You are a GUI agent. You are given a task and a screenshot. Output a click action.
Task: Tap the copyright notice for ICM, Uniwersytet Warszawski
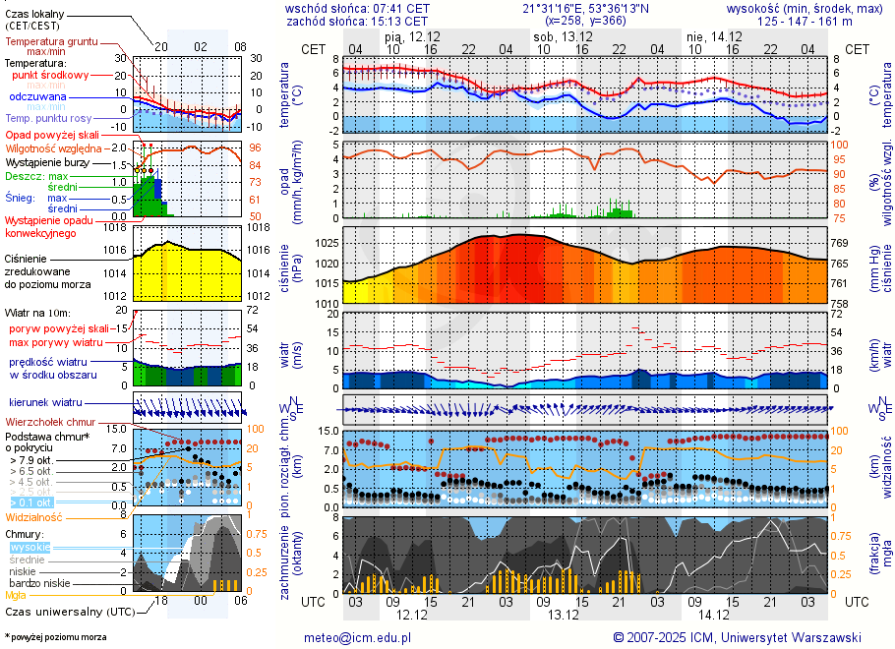click(737, 637)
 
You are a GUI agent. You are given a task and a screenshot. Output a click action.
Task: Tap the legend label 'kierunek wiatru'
click(45, 403)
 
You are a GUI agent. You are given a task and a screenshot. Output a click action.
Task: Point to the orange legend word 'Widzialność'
click(34, 516)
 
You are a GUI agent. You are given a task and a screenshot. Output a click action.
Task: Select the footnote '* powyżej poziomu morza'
click(55, 637)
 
